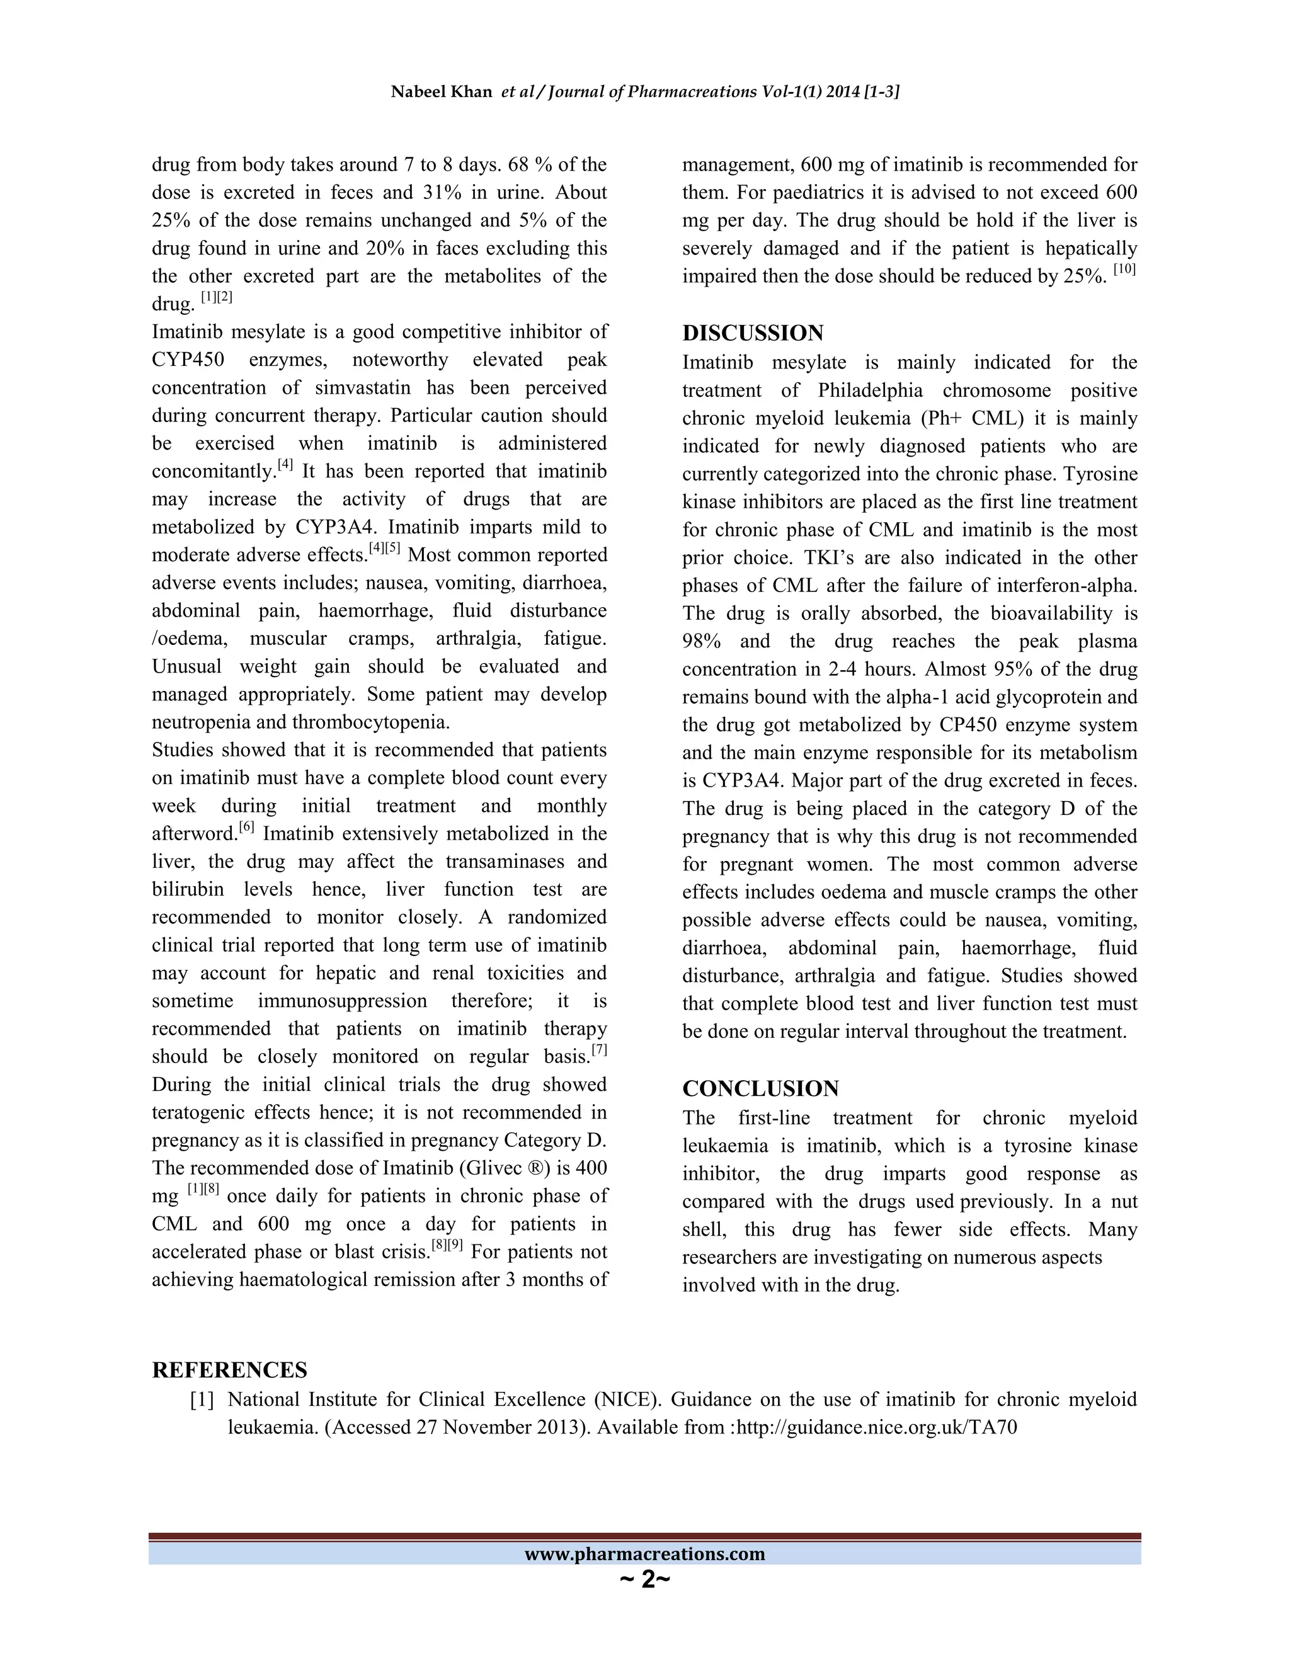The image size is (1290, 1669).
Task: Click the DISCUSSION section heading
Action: click(753, 333)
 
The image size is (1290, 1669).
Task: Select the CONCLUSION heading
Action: click(760, 1088)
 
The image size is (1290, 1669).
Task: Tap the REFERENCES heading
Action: click(229, 1369)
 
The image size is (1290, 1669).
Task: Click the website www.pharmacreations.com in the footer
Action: click(644, 1553)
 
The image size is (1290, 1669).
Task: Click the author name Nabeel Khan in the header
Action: click(441, 93)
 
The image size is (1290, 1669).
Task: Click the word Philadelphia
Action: click(870, 390)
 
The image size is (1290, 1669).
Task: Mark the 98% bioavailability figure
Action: click(701, 641)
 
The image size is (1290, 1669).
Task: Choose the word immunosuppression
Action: click(343, 1001)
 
